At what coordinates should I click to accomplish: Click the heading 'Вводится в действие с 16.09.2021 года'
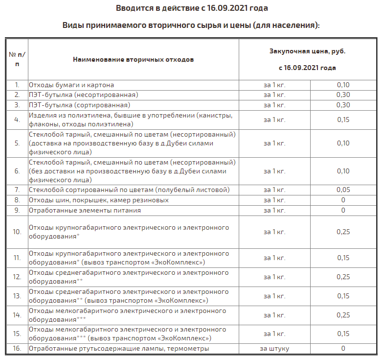click(192, 8)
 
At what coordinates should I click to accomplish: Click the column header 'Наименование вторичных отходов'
click(133, 60)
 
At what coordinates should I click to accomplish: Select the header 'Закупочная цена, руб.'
click(307, 51)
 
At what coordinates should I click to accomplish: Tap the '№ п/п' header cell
click(17, 59)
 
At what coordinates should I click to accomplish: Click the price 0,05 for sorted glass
click(343, 190)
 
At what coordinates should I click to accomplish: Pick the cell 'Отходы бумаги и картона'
click(71, 85)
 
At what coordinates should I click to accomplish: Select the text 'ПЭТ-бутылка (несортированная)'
click(83, 95)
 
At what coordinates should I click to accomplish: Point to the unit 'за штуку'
click(274, 349)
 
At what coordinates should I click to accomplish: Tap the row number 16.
click(17, 349)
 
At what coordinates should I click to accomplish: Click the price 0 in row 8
click(343, 200)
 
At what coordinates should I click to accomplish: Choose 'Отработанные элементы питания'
click(85, 210)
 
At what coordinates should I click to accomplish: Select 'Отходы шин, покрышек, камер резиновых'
click(99, 200)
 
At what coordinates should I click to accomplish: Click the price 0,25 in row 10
click(343, 232)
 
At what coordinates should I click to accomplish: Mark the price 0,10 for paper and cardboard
click(343, 85)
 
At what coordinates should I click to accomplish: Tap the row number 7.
click(17, 190)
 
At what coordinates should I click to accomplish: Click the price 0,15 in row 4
click(343, 120)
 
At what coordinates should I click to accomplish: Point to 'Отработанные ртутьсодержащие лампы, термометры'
click(119, 349)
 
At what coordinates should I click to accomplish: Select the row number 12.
click(17, 277)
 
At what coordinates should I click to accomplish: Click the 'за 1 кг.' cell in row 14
click(274, 315)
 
